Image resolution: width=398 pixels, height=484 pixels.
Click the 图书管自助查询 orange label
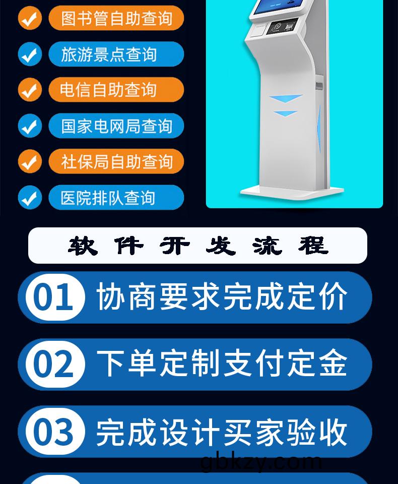116,19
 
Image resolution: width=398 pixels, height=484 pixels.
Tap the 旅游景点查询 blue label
116,54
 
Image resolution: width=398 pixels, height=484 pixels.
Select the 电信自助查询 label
116,90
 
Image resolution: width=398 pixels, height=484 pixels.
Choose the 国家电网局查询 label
116,126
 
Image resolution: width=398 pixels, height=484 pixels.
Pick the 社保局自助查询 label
116,162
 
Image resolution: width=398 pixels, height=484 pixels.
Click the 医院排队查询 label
116,198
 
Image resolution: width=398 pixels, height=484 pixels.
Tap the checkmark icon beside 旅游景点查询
30,54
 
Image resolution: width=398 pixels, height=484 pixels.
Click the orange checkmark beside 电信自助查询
30,90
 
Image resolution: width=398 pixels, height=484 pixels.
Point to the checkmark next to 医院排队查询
30,198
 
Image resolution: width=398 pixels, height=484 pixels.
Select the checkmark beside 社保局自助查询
30,162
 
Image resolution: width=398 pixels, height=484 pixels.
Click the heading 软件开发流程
198,246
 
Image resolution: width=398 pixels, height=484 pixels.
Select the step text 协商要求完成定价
222,297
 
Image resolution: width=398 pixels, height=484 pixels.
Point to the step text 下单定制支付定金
222,364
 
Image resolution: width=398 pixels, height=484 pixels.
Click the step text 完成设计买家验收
222,432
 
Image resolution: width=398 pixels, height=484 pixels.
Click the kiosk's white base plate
292,191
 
